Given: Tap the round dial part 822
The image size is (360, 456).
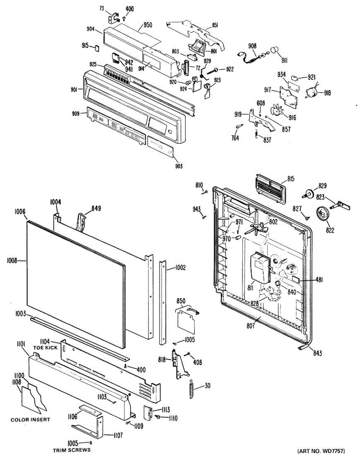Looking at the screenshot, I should (x=322, y=214).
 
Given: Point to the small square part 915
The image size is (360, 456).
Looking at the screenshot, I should (x=97, y=48).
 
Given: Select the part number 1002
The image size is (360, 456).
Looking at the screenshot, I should (x=180, y=268).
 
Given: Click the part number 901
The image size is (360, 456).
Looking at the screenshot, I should (x=74, y=89).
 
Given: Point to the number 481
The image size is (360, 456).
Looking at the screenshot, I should (x=319, y=280).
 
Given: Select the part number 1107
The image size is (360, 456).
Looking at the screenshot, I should (x=117, y=436).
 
